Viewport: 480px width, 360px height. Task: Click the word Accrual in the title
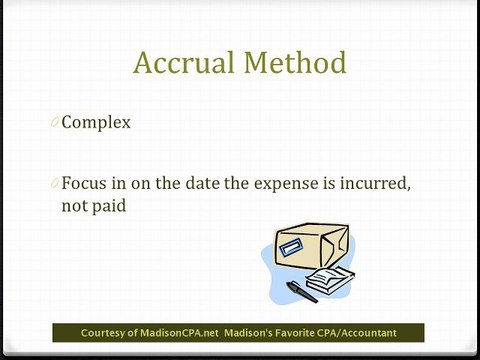[184, 64]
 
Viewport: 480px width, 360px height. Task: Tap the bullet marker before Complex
[53, 124]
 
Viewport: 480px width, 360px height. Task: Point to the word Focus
[84, 184]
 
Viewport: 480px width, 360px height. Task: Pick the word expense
[297, 184]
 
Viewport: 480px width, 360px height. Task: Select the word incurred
[382, 184]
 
